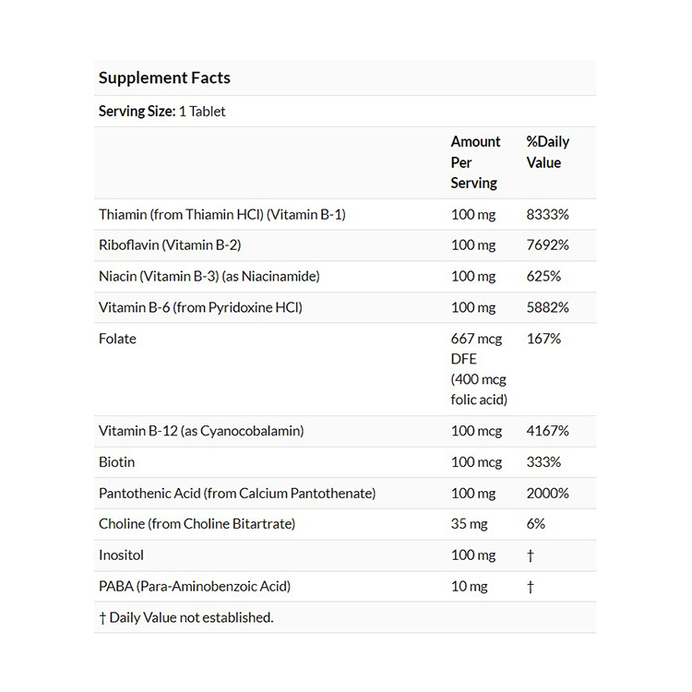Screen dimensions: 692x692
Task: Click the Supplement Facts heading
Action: (164, 78)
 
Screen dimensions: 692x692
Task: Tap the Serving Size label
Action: (137, 111)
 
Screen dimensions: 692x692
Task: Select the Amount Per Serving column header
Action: (475, 162)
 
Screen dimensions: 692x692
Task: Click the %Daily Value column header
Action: (547, 152)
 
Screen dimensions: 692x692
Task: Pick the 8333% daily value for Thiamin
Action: (547, 214)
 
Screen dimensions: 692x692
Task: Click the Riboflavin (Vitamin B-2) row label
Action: (170, 245)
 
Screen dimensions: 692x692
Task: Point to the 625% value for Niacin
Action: (543, 276)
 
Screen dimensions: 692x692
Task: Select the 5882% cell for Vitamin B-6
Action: (547, 307)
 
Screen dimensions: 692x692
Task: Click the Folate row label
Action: (117, 339)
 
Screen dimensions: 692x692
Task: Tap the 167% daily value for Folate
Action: (543, 339)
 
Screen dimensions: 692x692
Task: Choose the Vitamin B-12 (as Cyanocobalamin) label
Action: (201, 431)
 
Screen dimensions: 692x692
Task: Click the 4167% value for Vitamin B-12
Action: (547, 431)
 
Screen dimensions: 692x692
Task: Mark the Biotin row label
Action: (116, 462)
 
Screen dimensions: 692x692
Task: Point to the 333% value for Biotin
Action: (543, 462)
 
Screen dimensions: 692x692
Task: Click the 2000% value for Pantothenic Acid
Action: (547, 494)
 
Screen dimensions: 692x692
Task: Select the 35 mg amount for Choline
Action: (469, 524)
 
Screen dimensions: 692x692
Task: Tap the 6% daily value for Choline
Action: (535, 524)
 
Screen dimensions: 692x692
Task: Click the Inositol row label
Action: (121, 555)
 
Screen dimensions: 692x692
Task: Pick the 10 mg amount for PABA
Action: (469, 587)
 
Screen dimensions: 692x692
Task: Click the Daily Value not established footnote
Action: (186, 617)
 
